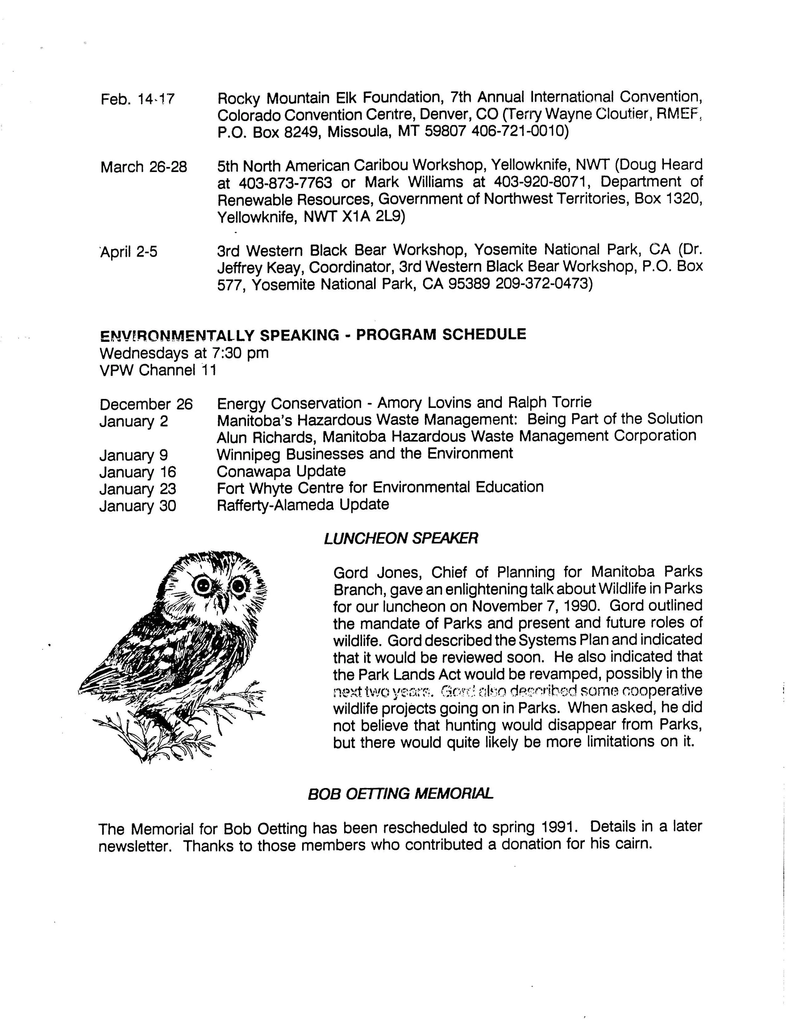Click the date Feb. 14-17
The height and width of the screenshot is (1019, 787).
click(x=138, y=99)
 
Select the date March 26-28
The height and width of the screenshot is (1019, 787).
click(x=143, y=167)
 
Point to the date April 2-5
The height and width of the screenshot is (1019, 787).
click(x=129, y=252)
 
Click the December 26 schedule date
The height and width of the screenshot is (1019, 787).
click(x=146, y=404)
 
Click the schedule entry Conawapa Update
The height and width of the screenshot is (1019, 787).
click(x=281, y=471)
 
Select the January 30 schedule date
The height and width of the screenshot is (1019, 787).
click(x=138, y=505)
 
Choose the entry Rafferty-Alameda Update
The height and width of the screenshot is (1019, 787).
click(x=303, y=504)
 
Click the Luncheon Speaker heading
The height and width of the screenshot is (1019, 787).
click(x=401, y=538)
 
